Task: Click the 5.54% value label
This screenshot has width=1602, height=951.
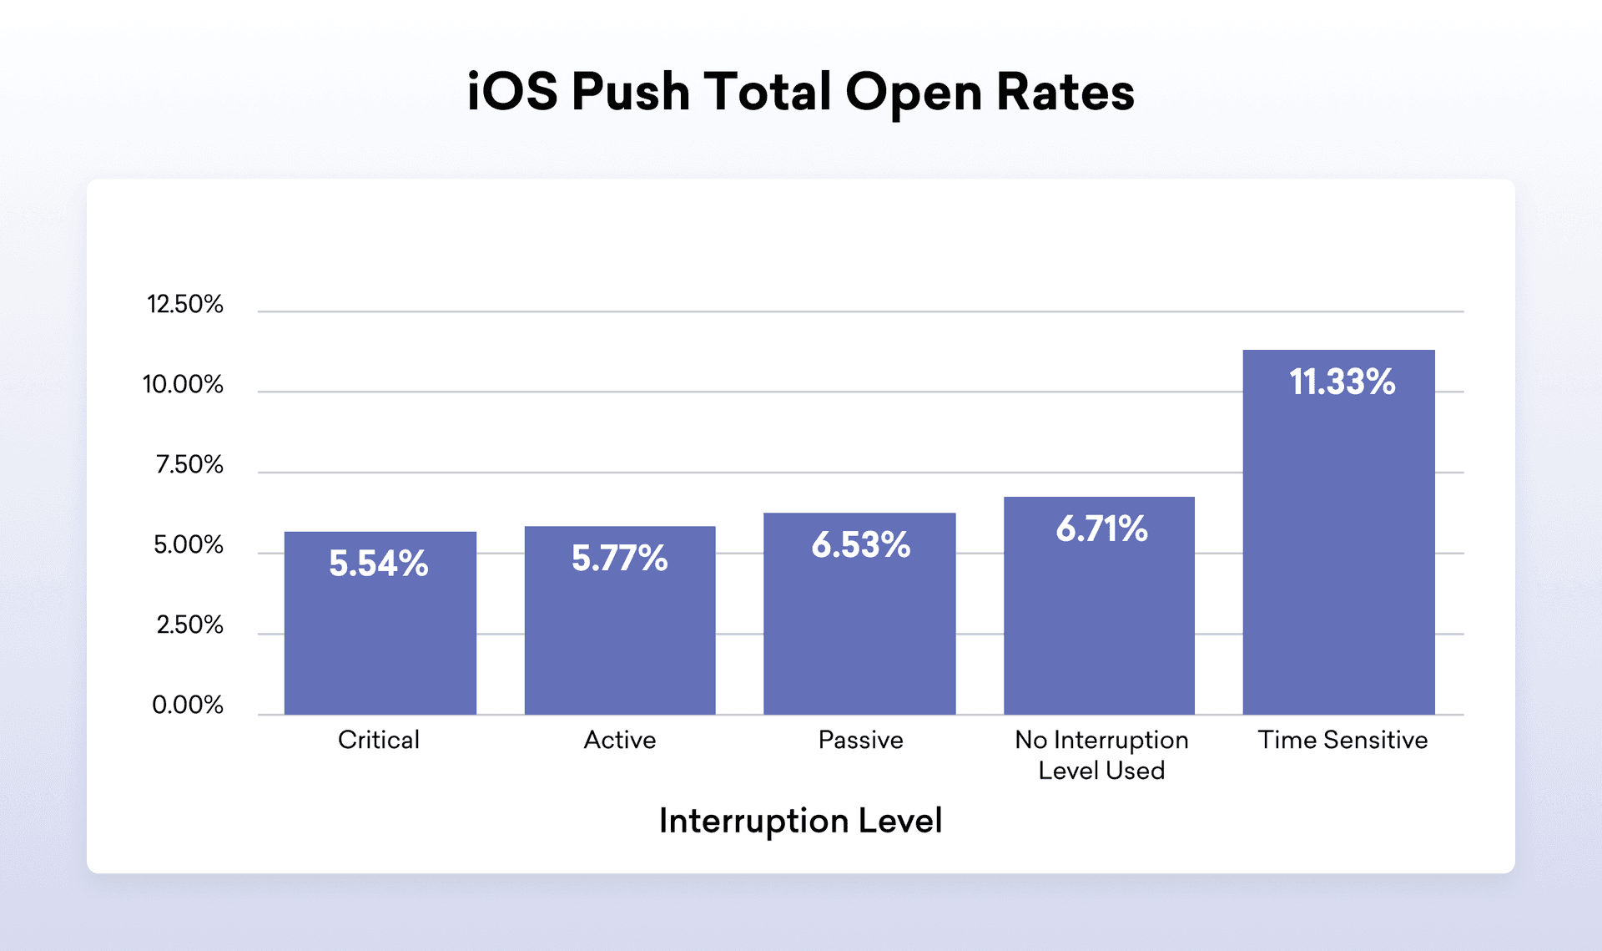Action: tap(378, 564)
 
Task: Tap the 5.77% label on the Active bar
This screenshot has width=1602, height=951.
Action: tap(619, 559)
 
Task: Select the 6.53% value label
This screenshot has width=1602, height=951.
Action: tap(860, 545)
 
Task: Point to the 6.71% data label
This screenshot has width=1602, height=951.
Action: tap(1101, 529)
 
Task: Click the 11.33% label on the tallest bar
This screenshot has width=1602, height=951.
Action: tap(1342, 382)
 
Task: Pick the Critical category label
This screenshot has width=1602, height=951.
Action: tap(378, 740)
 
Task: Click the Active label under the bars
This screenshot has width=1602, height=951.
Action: tap(619, 740)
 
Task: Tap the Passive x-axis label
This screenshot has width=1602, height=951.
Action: tap(860, 740)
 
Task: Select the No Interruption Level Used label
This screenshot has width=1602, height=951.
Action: tap(1101, 755)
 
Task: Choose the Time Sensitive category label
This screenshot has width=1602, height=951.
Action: tap(1342, 740)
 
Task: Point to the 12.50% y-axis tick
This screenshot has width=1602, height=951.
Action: tap(185, 304)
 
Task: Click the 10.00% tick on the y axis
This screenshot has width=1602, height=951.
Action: tap(183, 384)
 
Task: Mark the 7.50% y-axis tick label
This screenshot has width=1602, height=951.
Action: tap(189, 464)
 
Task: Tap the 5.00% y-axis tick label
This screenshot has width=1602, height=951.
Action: tap(188, 545)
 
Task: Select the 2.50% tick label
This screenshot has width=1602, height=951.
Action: tap(189, 625)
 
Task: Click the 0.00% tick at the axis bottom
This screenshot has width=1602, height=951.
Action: tap(187, 706)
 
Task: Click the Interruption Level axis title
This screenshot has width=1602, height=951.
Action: tap(800, 821)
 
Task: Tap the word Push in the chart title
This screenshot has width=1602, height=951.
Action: tap(630, 92)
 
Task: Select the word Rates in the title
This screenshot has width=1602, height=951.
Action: tap(1065, 92)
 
